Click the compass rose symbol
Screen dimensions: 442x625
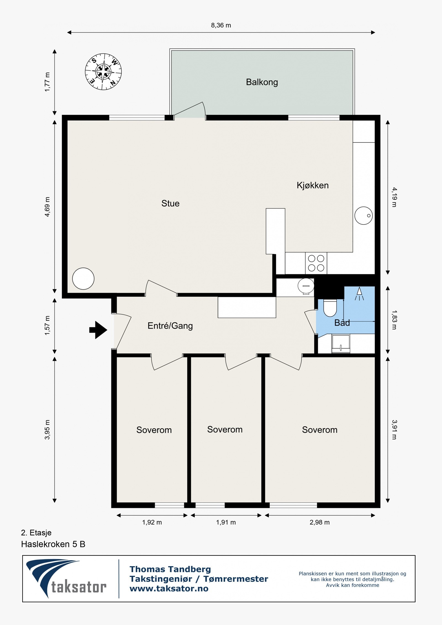click(x=103, y=72)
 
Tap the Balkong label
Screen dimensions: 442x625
click(x=262, y=82)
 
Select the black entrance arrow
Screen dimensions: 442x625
click(x=98, y=330)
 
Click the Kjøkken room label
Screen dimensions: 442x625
click(x=313, y=185)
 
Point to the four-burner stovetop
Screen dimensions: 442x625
click(x=316, y=263)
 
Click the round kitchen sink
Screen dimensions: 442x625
click(x=364, y=215)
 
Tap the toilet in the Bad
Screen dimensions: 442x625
click(x=330, y=308)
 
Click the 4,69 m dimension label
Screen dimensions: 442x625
click(x=47, y=207)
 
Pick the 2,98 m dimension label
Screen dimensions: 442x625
click(x=320, y=522)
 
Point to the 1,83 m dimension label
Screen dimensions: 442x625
click(x=394, y=320)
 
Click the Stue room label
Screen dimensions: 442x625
click(x=170, y=204)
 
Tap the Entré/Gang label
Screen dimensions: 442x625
click(x=170, y=326)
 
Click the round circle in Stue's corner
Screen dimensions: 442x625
click(x=83, y=279)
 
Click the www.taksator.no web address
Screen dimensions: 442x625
click(x=169, y=589)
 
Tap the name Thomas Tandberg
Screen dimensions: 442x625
click(x=170, y=569)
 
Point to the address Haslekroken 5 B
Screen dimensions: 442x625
click(x=53, y=544)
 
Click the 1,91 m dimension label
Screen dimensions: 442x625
click(x=226, y=522)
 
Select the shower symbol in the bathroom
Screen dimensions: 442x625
click(x=359, y=294)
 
